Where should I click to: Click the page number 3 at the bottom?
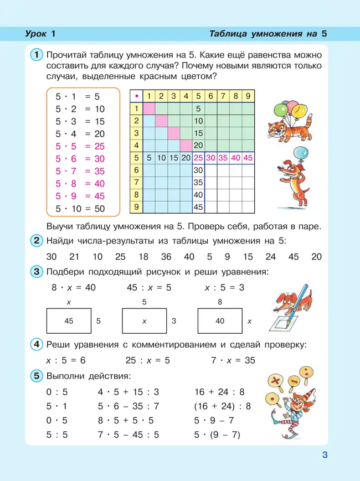325,456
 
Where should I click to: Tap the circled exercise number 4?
36,344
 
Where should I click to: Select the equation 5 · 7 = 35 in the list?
80,171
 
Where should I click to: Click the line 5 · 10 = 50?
80,209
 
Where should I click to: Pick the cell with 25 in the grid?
198,158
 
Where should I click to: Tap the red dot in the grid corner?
136,96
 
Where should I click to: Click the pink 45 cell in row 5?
248,158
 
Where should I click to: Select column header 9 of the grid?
248,96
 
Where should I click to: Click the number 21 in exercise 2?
75,256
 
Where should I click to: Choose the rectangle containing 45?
69,320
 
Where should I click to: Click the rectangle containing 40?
220,320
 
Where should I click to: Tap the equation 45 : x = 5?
149,288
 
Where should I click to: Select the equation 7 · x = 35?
233,360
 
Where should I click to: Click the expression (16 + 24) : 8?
223,406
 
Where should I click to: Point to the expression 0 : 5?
58,392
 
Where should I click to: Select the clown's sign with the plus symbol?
274,381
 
